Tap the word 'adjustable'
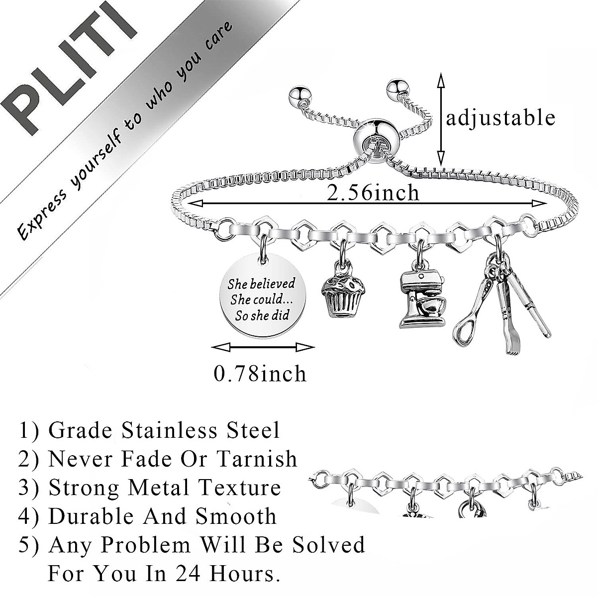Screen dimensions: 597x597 coord(500,118)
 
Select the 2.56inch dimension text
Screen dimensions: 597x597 coord(373,193)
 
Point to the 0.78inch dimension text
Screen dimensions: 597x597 coord(260,373)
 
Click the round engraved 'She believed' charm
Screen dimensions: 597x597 coord(261,298)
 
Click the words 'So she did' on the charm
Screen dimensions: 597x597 coord(263,314)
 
